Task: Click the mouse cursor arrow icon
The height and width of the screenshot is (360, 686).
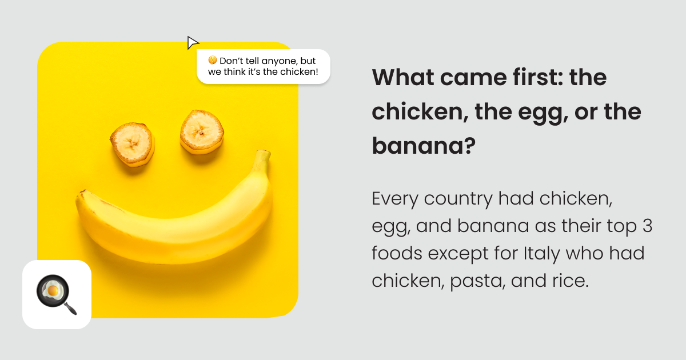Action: point(192,42)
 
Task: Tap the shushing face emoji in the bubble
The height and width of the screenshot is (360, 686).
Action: point(212,61)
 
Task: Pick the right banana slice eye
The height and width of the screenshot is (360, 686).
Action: point(202,132)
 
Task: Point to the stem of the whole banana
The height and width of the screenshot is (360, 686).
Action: point(262,159)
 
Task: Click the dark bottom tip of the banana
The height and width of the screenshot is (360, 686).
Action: point(81,193)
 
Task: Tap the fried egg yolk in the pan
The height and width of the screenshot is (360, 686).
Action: point(53,290)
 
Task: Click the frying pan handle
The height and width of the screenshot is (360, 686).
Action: point(70,308)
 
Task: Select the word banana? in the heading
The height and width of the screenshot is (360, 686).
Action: point(424,146)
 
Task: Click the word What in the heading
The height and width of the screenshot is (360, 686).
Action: point(403,77)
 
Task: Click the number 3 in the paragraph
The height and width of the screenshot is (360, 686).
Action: point(647,226)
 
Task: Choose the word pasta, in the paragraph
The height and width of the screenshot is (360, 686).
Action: point(477,282)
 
